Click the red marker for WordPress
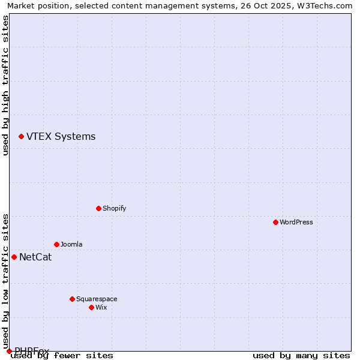point(275,222)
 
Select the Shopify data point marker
point(98,208)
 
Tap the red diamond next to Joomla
point(56,244)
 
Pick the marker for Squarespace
point(72,299)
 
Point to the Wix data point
point(91,307)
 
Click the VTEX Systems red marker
point(21,137)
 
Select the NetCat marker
point(14,257)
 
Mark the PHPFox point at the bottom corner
point(9,351)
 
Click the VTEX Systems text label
point(61,137)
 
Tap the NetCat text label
point(35,257)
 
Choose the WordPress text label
point(296,222)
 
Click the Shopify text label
point(114,208)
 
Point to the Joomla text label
point(71,244)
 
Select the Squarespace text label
point(97,299)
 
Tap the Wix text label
point(101,307)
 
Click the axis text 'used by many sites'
point(301,356)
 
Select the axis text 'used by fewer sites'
point(62,356)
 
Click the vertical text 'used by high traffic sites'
point(6,85)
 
